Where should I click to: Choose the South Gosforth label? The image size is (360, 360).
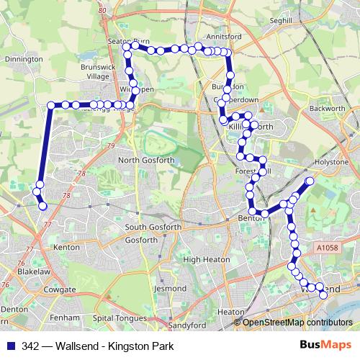click(150, 228)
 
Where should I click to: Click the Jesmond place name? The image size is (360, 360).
click(170, 287)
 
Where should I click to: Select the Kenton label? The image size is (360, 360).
click(66, 247)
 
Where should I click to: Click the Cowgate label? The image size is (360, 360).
click(60, 289)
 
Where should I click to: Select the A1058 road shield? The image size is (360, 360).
click(325, 248)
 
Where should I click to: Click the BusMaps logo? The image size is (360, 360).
click(325, 346)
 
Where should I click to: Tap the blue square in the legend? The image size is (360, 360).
click(12, 346)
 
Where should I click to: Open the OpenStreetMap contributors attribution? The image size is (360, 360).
click(297, 323)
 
